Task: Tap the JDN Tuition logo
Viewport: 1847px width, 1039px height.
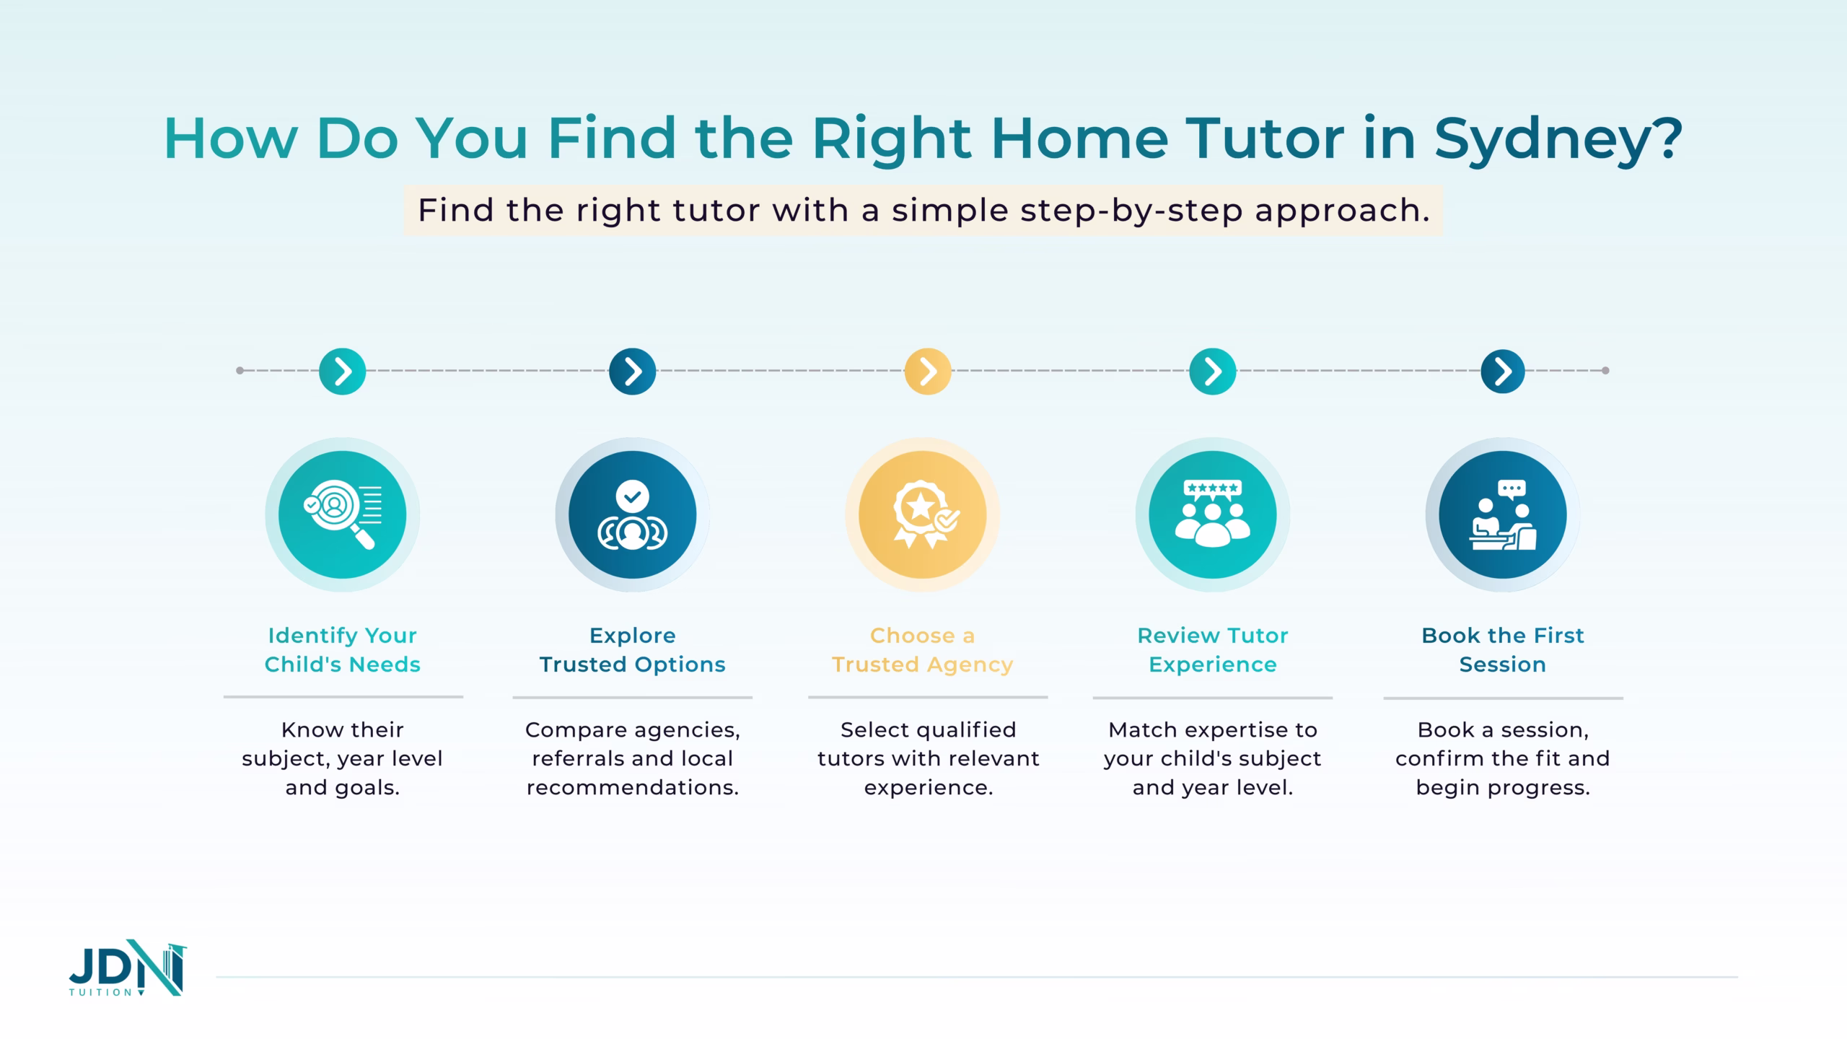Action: click(128, 968)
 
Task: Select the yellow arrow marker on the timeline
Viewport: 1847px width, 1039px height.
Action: click(928, 372)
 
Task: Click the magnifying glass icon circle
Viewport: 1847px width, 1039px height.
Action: click(343, 514)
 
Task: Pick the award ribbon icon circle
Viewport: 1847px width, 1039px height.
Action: click(923, 514)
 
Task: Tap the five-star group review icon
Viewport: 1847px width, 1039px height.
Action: click(1213, 514)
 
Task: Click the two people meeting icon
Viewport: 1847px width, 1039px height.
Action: click(1503, 514)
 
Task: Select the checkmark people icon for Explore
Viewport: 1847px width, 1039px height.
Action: click(633, 514)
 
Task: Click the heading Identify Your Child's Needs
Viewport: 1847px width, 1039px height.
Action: click(343, 649)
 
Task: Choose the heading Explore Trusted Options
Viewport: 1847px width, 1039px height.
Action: click(633, 649)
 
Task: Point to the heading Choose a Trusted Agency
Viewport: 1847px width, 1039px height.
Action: click(923, 649)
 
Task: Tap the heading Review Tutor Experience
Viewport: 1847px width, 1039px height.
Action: click(1213, 649)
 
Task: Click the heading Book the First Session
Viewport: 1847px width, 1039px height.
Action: click(1503, 649)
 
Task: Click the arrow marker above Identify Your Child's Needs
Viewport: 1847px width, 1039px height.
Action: click(343, 372)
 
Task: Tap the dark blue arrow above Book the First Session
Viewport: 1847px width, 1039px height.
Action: click(1503, 372)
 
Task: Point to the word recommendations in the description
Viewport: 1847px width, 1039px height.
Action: click(633, 787)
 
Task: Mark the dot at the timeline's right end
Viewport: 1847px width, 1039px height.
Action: click(1605, 371)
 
